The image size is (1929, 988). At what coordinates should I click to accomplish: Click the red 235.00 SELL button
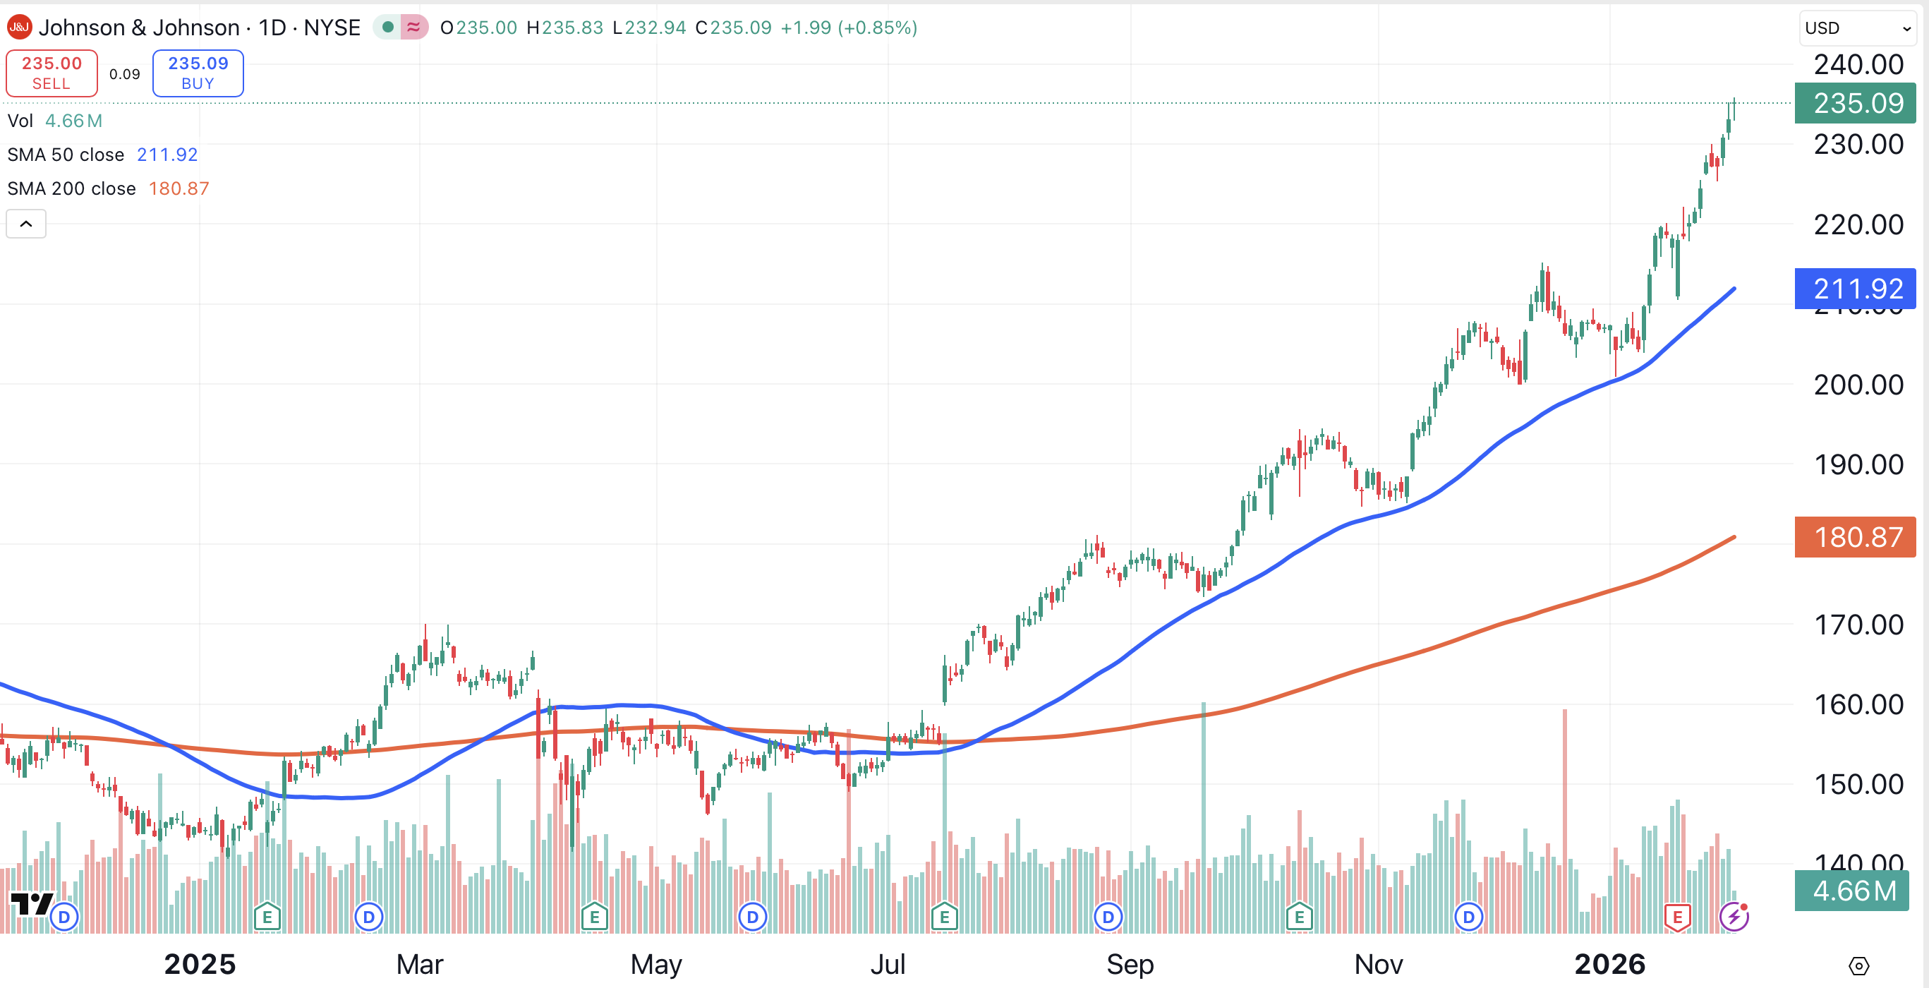tap(52, 73)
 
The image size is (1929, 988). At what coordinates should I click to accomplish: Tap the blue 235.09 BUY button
tap(198, 73)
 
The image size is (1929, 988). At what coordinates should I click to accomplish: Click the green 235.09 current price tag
tap(1856, 103)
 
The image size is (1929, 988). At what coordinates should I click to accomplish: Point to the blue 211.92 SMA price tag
tap(1856, 289)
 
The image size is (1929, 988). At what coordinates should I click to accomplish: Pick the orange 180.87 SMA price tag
tap(1856, 537)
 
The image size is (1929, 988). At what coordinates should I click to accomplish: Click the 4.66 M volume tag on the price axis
tap(1853, 891)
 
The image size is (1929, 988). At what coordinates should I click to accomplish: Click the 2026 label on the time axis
tap(1609, 964)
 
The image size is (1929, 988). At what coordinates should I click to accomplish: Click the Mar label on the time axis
tap(419, 964)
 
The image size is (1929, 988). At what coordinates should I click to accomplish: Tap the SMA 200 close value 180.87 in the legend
tap(179, 188)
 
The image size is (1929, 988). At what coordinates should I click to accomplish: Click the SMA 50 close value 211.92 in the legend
tap(167, 155)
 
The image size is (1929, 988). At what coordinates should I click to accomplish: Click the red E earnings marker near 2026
tap(1677, 917)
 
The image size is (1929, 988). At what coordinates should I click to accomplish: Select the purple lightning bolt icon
tap(1733, 917)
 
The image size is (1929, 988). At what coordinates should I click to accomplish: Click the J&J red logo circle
tap(19, 28)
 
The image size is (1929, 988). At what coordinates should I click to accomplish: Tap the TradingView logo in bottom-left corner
tap(31, 904)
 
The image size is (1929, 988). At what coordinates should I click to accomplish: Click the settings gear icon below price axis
tap(1858, 965)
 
